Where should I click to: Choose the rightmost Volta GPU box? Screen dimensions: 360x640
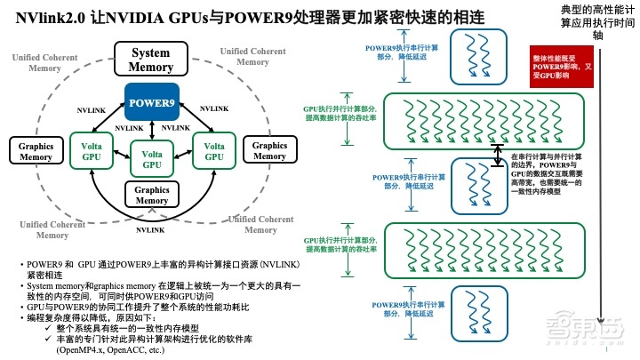[213, 150]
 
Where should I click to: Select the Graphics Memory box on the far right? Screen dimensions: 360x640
[270, 151]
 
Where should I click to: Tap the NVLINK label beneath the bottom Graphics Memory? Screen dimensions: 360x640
[150, 229]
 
